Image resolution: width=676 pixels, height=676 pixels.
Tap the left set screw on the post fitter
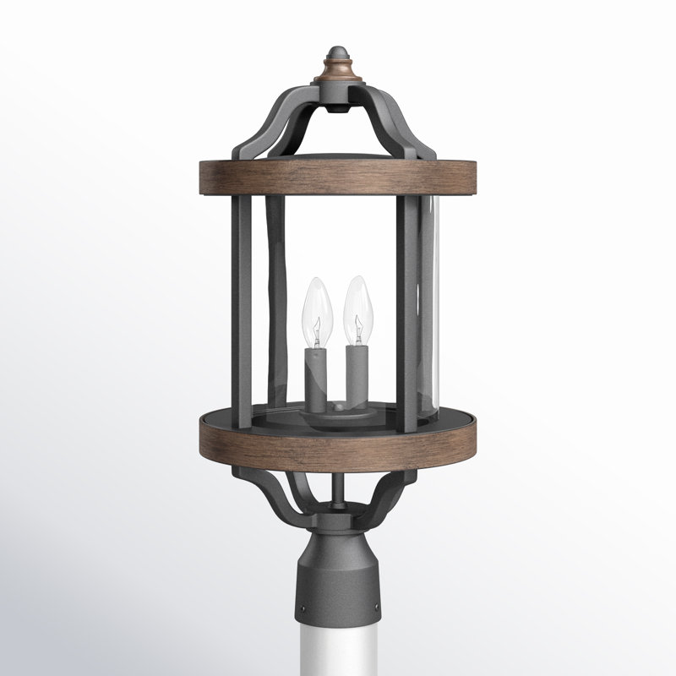[x=302, y=607]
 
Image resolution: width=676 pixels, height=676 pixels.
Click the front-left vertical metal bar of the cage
[x=243, y=313]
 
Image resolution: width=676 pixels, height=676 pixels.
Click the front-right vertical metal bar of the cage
[x=407, y=313]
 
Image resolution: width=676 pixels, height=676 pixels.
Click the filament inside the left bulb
[x=316, y=328]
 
